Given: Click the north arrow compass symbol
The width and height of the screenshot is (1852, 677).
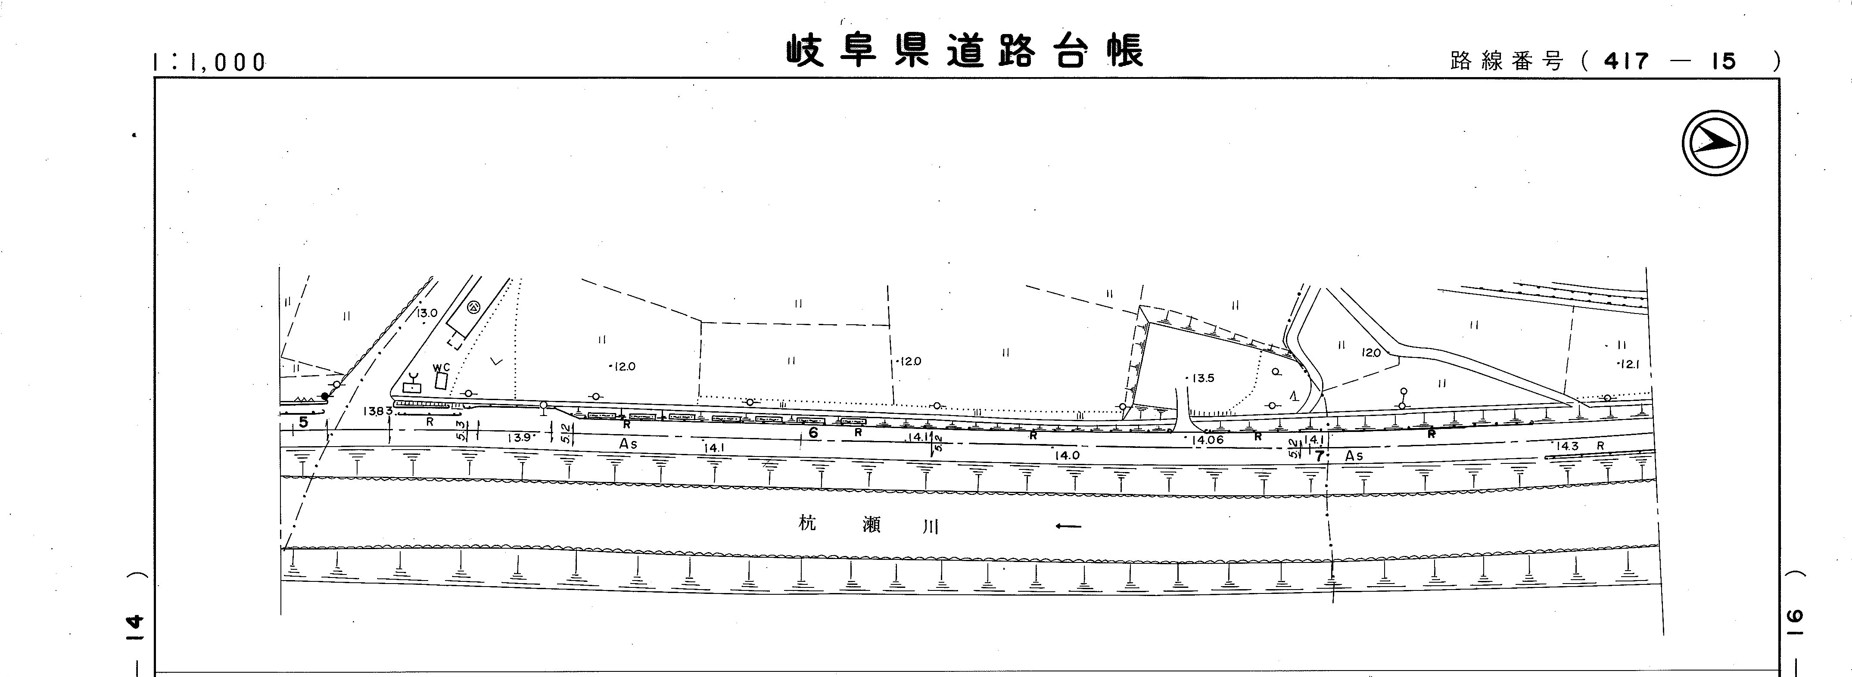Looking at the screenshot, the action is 1715,143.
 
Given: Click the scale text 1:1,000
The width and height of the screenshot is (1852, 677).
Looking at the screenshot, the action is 210,62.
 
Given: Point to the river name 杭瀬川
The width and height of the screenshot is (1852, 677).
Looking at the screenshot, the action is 868,525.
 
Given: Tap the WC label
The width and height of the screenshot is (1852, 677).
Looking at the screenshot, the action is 441,367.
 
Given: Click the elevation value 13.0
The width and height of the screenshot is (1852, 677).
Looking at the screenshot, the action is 426,314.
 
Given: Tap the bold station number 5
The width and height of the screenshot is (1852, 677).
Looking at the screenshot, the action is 303,422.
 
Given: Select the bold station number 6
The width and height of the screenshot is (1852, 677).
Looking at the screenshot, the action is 813,433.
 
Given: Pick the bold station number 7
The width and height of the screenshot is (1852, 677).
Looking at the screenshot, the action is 1319,456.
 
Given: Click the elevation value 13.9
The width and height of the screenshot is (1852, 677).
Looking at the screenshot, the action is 519,438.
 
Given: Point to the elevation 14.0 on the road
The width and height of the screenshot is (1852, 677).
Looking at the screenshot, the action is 1067,455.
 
